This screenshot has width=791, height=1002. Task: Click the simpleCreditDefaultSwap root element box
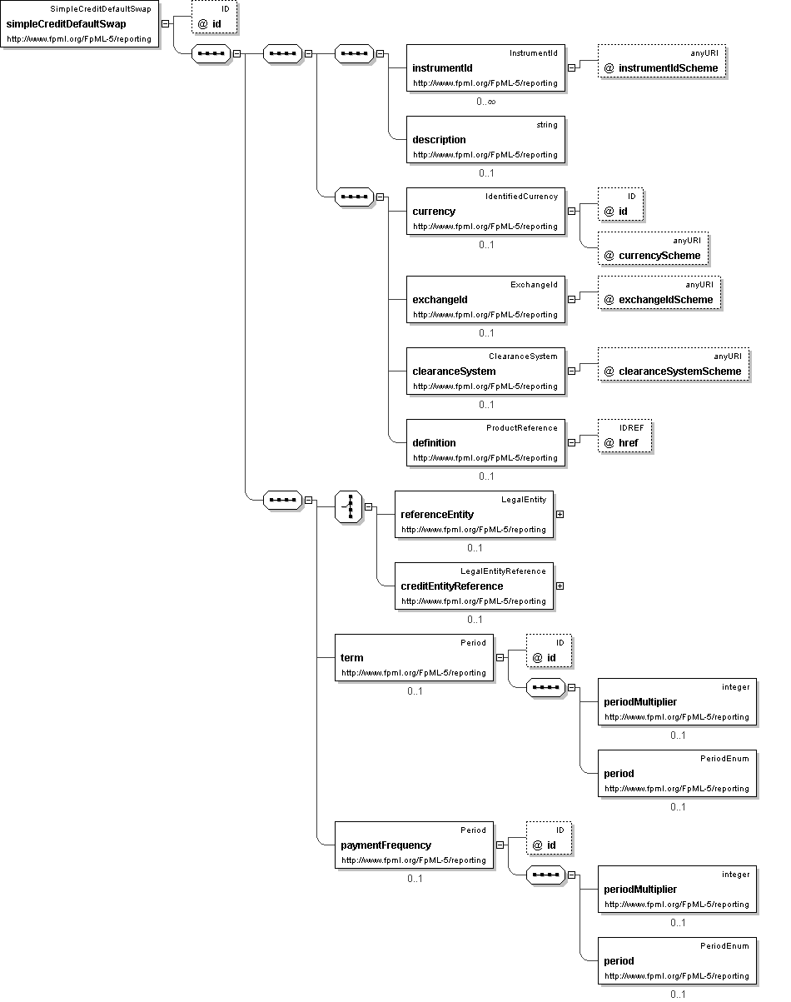coord(80,24)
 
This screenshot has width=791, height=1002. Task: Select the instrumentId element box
coord(485,68)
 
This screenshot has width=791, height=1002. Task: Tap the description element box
coord(485,140)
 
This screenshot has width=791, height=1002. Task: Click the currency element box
coord(485,212)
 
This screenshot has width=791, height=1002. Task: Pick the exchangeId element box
coord(485,299)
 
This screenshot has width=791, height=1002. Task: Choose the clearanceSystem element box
coord(485,371)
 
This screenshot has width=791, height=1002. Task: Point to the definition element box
coord(485,443)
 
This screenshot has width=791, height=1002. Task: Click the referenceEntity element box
coord(474,515)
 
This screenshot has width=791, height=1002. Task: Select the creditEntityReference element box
coord(474,586)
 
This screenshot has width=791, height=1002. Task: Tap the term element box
coord(414,658)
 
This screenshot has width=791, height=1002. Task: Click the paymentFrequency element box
coord(414,845)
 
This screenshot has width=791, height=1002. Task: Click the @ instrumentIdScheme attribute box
coord(662,62)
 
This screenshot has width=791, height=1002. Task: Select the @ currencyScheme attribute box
coord(653,249)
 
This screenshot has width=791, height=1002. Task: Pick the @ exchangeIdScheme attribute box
coord(659,293)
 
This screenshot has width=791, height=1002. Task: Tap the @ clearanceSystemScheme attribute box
coord(674,365)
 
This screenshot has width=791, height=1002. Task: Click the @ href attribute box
coord(624,436)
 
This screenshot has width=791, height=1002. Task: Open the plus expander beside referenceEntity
coord(560,515)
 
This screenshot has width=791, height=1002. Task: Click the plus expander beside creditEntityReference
coord(560,586)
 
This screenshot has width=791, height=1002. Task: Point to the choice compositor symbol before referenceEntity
coord(348,507)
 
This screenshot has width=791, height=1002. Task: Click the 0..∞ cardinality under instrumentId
coord(486,102)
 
